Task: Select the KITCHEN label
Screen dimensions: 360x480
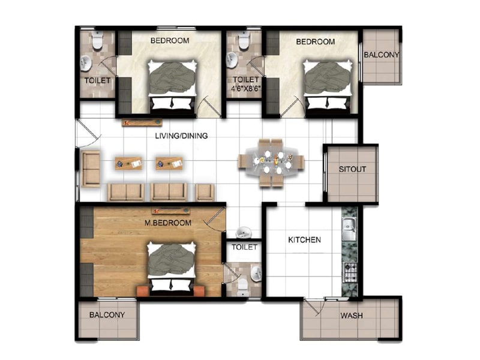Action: pos(304,240)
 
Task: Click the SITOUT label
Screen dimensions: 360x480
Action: pos(352,169)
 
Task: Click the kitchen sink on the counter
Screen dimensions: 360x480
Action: pos(348,227)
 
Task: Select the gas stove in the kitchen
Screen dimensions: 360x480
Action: pos(349,273)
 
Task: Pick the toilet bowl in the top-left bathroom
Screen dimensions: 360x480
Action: pos(97,41)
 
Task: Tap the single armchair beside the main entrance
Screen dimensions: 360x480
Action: pos(91,169)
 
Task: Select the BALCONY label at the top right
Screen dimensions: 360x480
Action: pos(381,55)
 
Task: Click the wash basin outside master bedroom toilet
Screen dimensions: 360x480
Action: pos(244,232)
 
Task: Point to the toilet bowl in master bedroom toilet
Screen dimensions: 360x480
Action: pos(243,285)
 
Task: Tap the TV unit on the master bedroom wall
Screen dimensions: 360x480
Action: pos(171,211)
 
